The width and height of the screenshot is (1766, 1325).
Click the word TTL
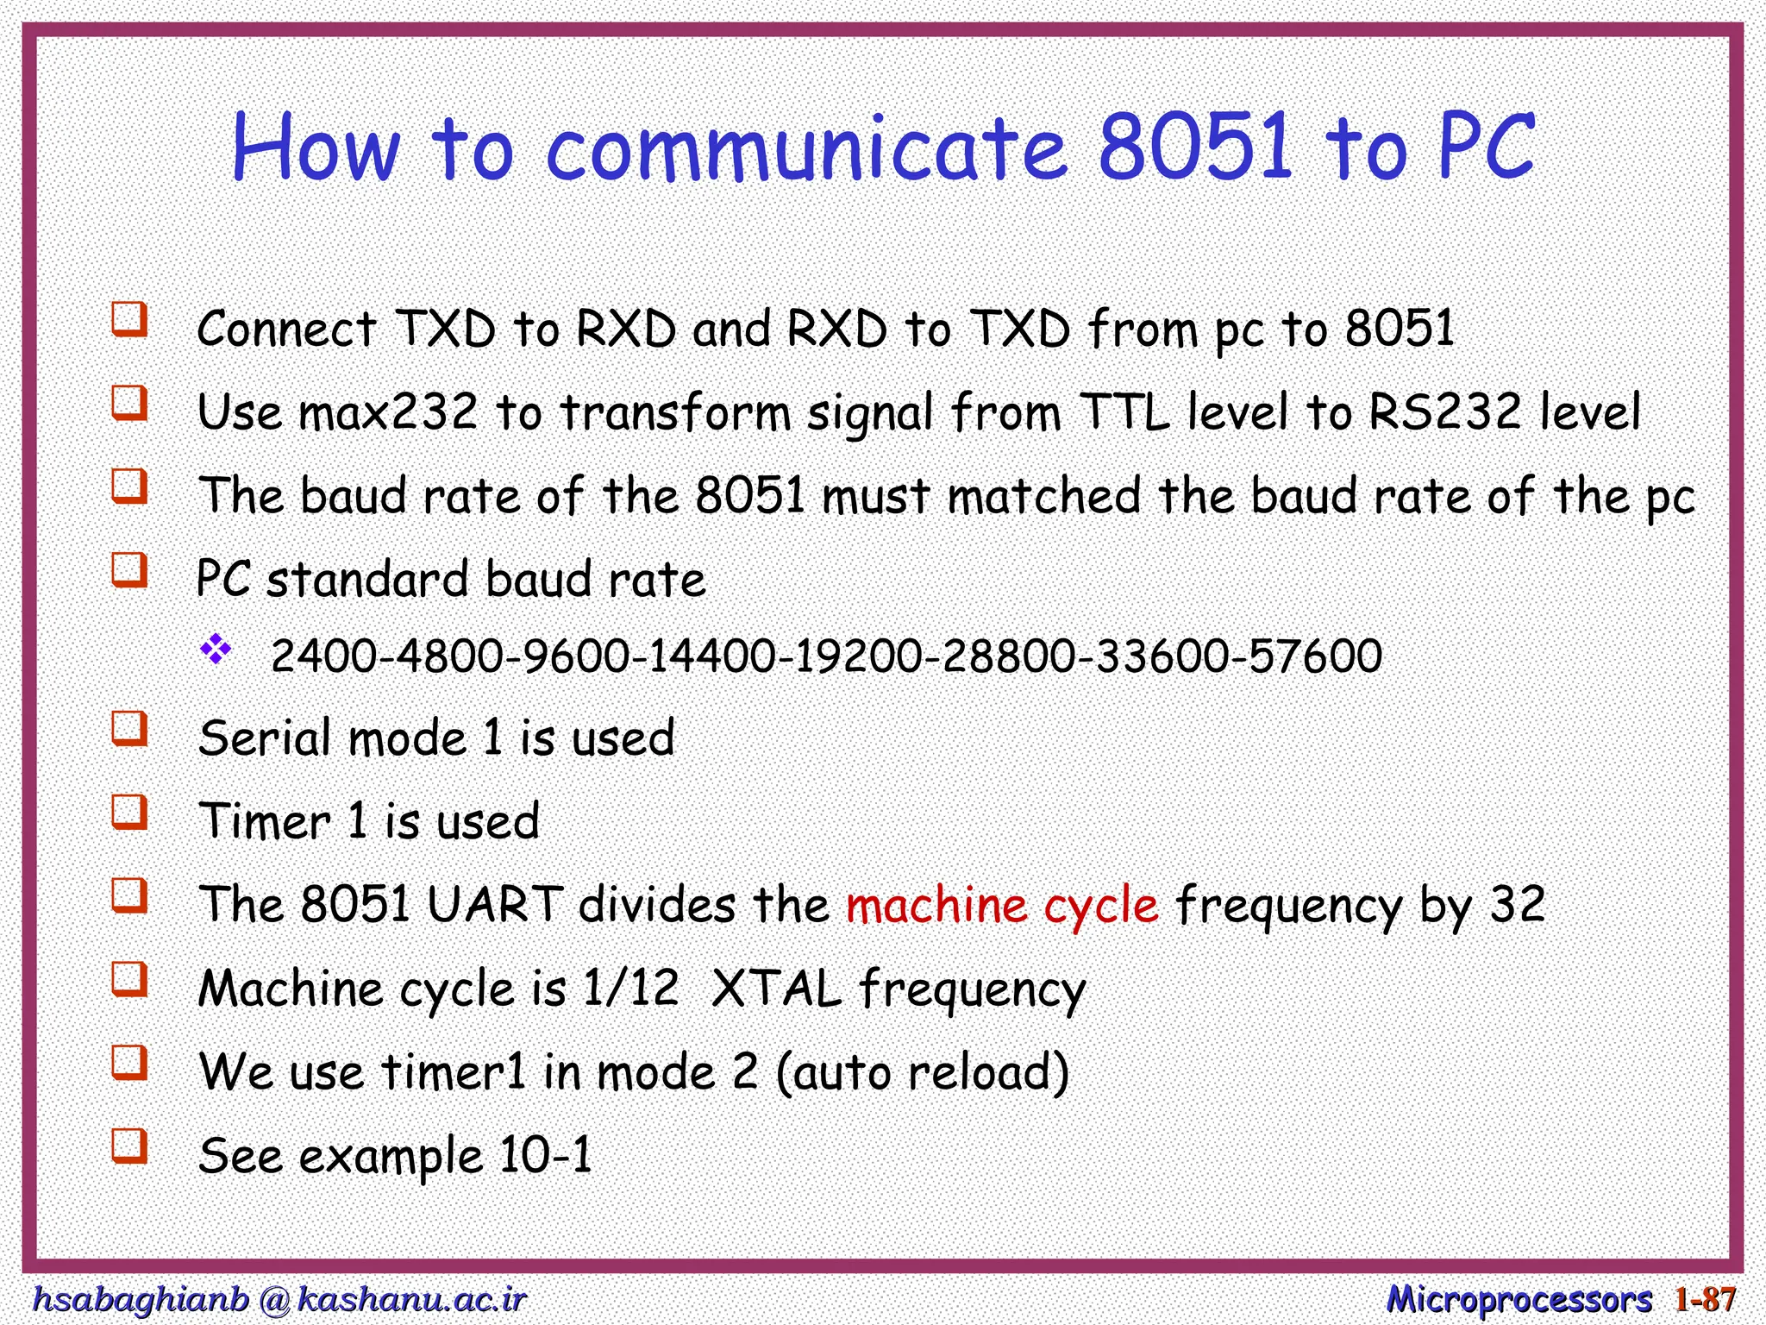(1124, 411)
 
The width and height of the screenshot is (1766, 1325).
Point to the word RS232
(1443, 411)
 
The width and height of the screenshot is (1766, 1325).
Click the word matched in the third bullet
(1043, 496)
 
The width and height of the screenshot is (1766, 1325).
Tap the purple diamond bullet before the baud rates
(216, 649)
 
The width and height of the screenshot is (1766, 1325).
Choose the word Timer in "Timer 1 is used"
(264, 821)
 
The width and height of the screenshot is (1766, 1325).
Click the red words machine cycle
(1002, 906)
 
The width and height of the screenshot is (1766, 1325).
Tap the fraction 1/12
(630, 988)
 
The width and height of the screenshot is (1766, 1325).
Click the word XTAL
(775, 988)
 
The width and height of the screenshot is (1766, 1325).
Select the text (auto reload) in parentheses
(922, 1072)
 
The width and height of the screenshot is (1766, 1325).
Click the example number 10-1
(546, 1155)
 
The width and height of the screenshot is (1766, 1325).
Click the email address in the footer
(278, 1298)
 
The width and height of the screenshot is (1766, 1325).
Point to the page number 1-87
(1705, 1298)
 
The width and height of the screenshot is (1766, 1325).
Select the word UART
(495, 905)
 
